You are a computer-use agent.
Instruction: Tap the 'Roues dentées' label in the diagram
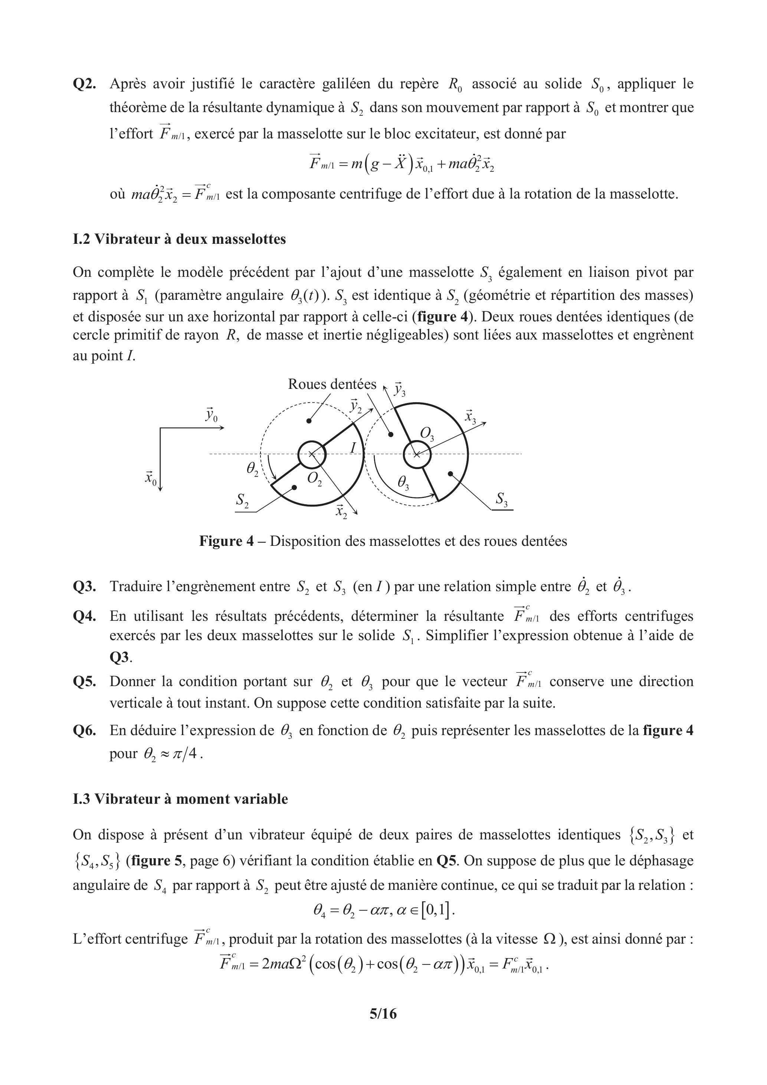pos(332,384)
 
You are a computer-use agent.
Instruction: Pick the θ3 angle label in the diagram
pos(403,482)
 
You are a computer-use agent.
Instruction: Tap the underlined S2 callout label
pos(243,500)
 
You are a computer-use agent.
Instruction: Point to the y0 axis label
pos(211,415)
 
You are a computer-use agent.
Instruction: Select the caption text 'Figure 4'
pos(226,541)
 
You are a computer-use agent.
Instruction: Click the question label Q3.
pos(85,587)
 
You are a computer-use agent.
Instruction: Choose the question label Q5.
pos(85,682)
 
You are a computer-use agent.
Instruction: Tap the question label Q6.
pos(85,731)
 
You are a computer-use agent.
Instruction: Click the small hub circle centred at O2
pos(312,455)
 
